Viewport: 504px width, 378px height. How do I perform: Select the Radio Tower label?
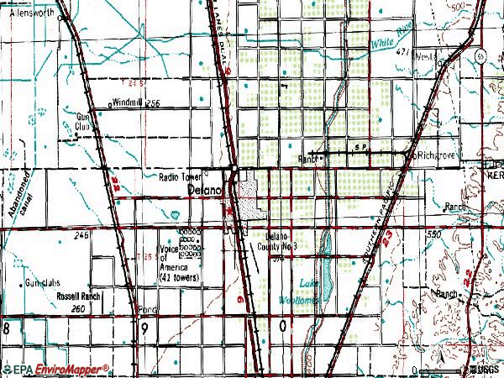[x=180, y=177]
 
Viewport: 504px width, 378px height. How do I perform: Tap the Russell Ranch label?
[x=79, y=297]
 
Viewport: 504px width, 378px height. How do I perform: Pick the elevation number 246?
[x=81, y=237]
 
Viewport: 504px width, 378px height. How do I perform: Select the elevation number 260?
[x=78, y=309]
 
